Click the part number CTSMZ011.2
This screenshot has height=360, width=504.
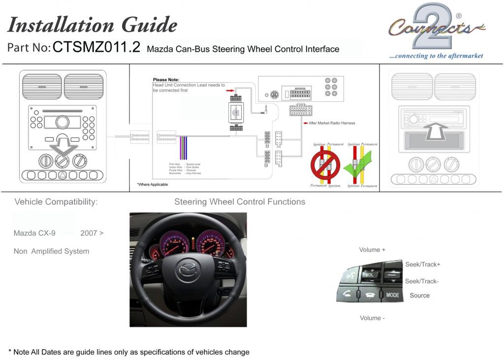pyautogui.click(x=96, y=47)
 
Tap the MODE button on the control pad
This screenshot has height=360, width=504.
pyautogui.click(x=393, y=295)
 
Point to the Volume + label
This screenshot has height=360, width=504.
pyautogui.click(x=373, y=250)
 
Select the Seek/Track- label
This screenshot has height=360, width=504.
pyautogui.click(x=422, y=281)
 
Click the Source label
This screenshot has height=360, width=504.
pyautogui.click(x=420, y=295)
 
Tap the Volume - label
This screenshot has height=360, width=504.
pyautogui.click(x=372, y=318)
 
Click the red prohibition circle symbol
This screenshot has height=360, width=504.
pyautogui.click(x=325, y=165)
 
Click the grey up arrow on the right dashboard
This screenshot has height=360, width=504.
pyautogui.click(x=435, y=131)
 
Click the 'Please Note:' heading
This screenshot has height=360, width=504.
pyautogui.click(x=166, y=80)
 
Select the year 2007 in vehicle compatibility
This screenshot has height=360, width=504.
pyautogui.click(x=89, y=233)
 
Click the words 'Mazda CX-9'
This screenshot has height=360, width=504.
pyautogui.click(x=34, y=233)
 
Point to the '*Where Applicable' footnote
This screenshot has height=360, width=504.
pyautogui.click(x=152, y=184)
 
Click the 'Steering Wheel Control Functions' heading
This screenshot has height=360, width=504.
pyautogui.click(x=240, y=202)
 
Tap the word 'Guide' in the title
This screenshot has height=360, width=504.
pyautogui.click(x=142, y=25)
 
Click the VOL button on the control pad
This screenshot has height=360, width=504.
pyautogui.click(x=369, y=274)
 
